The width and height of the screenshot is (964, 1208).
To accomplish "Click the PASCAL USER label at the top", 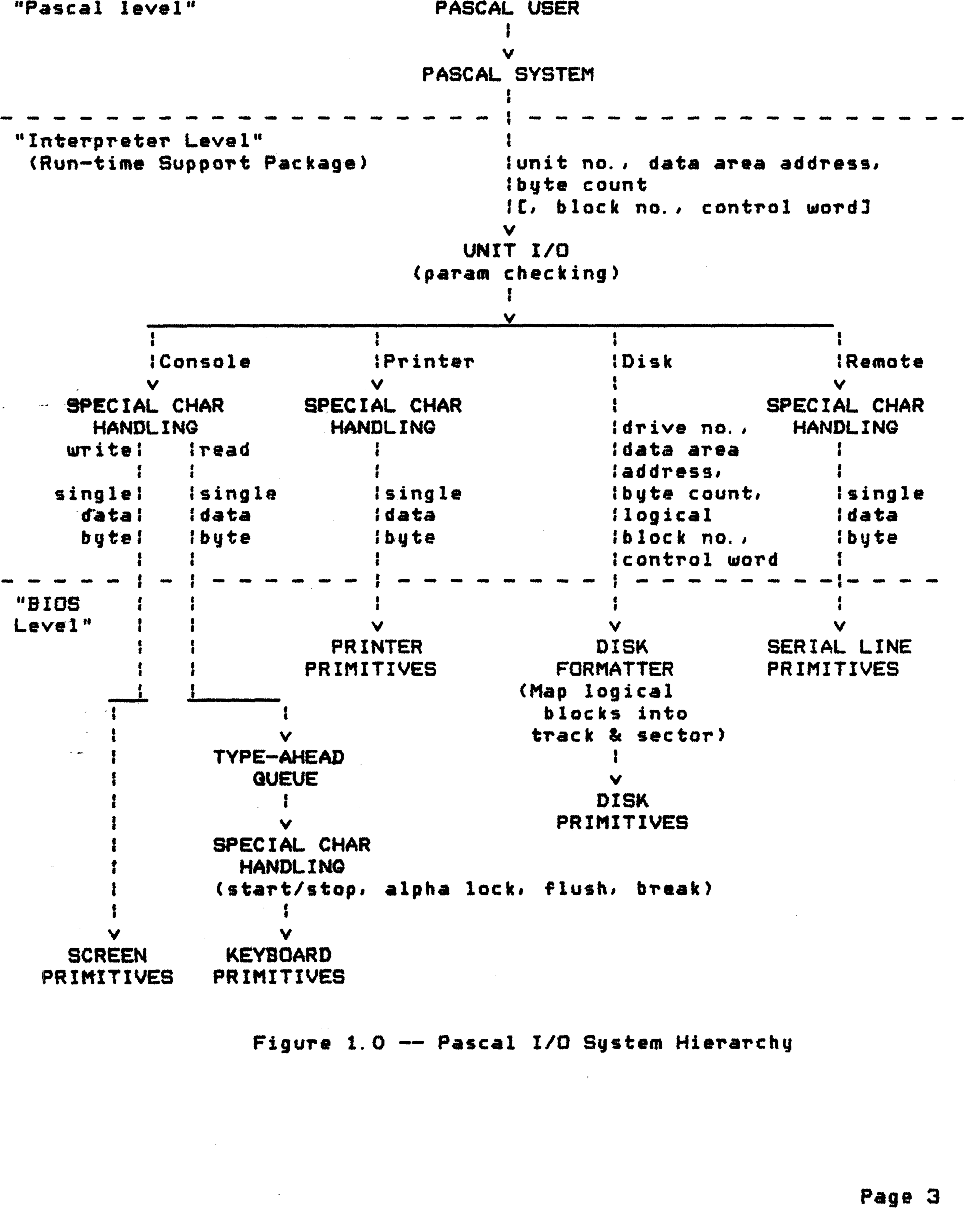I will pyautogui.click(x=507, y=8).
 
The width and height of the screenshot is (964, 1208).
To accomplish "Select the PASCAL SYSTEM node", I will pyautogui.click(x=507, y=74).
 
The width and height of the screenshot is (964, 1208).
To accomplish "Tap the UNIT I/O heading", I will pyautogui.click(x=516, y=251).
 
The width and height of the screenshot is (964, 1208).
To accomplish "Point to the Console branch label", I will pyautogui.click(x=204, y=362).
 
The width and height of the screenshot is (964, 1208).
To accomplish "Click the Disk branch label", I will pyautogui.click(x=647, y=362).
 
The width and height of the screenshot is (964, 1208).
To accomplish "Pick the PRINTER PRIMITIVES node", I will pyautogui.click(x=370, y=658).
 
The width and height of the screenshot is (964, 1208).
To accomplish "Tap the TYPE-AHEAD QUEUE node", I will pyautogui.click(x=279, y=767).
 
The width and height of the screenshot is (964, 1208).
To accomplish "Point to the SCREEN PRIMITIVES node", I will pyautogui.click(x=107, y=966).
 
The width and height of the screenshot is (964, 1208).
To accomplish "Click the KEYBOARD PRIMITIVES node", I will pyautogui.click(x=279, y=966).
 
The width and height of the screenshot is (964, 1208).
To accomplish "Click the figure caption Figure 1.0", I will pyautogui.click(x=522, y=1043).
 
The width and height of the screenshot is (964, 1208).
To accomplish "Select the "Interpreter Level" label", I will pyautogui.click(x=138, y=141).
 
